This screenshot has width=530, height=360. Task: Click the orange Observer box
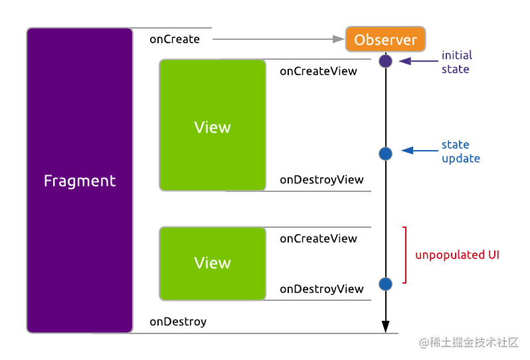[385, 39]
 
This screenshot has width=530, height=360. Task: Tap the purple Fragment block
[80, 181]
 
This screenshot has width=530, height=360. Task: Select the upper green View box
[213, 125]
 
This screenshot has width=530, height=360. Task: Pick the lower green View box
[213, 263]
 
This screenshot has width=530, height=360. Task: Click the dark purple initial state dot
[385, 61]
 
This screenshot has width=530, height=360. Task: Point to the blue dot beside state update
[385, 154]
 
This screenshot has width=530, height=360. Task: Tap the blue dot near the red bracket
[385, 284]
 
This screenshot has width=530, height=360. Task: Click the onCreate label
[175, 39]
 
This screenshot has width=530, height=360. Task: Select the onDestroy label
[178, 321]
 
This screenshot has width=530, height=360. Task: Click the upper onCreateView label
[318, 71]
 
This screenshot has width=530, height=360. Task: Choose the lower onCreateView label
[318, 238]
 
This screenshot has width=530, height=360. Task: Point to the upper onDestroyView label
[321, 179]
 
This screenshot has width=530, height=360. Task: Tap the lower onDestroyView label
[321, 289]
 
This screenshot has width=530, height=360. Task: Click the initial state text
[457, 62]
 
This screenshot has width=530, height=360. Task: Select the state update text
[461, 151]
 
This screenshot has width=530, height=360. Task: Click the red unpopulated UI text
[457, 255]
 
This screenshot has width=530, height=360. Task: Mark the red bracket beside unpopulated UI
[405, 255]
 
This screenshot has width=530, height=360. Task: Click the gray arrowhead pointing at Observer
[339, 39]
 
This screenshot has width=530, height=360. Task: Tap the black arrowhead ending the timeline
[385, 327]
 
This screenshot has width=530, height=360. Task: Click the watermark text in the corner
[468, 343]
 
